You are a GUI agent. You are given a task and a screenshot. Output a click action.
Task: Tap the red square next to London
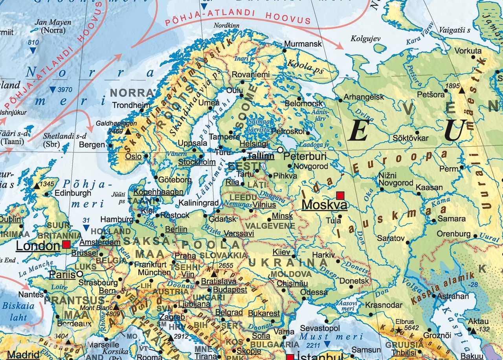pyautogui.click(x=66, y=244)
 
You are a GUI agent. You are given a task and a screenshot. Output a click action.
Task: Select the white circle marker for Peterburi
pyautogui.click(x=280, y=150)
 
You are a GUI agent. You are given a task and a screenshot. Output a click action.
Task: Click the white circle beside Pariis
pyautogui.click(x=79, y=274)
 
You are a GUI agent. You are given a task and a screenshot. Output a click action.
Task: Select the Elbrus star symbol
pyautogui.click(x=399, y=330)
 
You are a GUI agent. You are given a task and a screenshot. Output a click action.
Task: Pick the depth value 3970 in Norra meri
pyautogui.click(x=64, y=90)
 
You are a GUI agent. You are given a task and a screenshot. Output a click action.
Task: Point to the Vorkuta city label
pyautogui.click(x=468, y=51)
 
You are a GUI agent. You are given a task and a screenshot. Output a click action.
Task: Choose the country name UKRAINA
pyautogui.click(x=288, y=262)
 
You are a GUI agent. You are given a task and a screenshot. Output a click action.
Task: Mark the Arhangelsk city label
pyautogui.click(x=364, y=97)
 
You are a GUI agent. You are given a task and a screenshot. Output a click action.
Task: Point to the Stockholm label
pyautogui.click(x=197, y=162)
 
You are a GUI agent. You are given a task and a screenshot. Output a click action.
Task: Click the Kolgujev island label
pyautogui.click(x=365, y=39)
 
